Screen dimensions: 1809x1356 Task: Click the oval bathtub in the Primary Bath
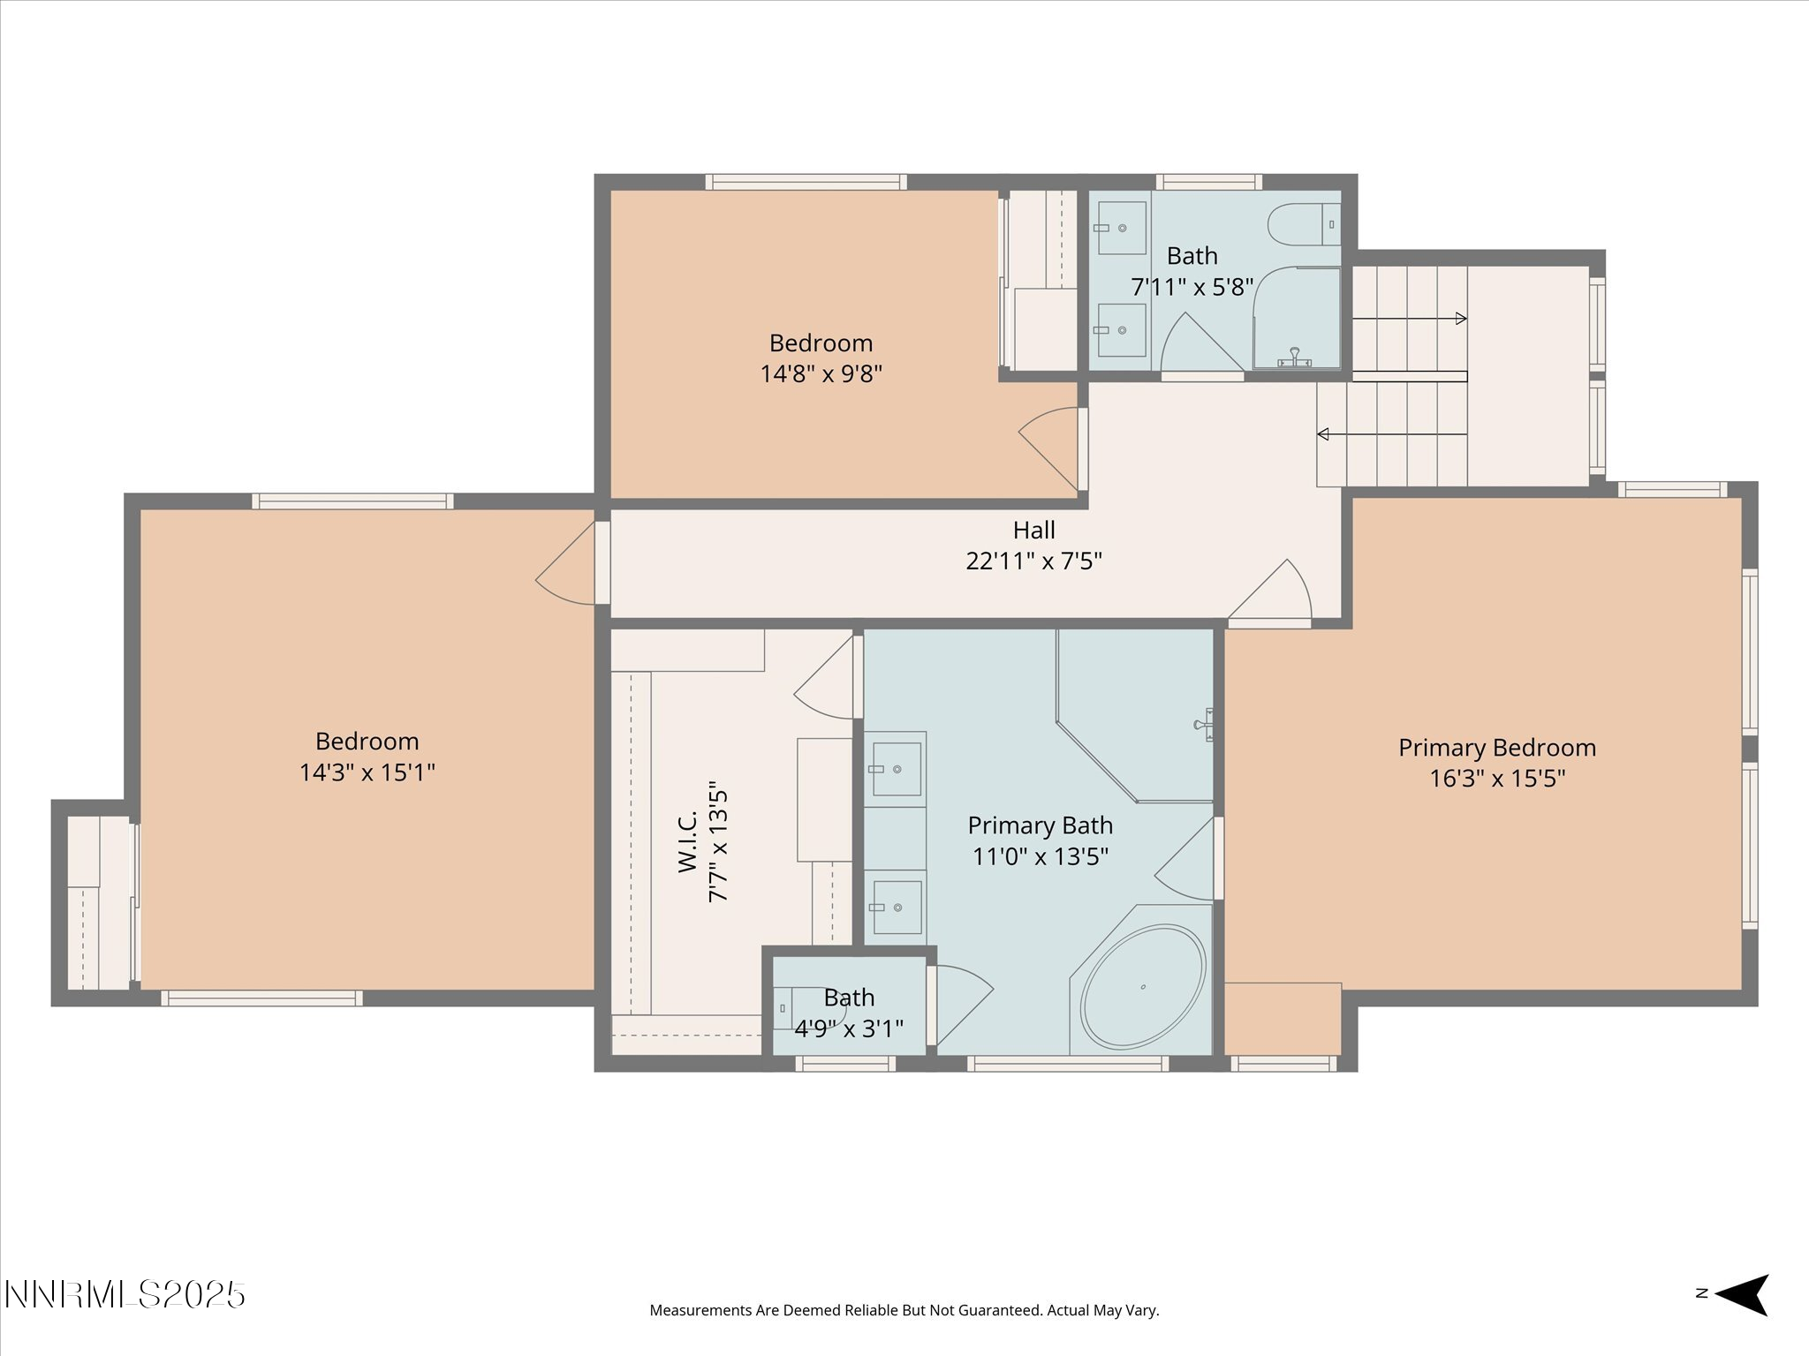(x=1142, y=985)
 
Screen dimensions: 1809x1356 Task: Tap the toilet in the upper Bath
(x=1305, y=224)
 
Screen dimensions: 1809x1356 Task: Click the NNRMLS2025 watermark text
(x=125, y=1295)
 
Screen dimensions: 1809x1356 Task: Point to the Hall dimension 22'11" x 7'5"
(x=1033, y=561)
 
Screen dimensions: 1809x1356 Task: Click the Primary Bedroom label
(x=1497, y=748)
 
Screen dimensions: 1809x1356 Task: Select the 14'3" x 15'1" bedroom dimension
(x=367, y=772)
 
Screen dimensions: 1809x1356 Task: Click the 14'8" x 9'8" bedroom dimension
(x=821, y=373)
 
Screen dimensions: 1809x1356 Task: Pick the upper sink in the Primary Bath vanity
(x=895, y=769)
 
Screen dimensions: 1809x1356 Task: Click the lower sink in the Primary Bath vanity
(x=895, y=908)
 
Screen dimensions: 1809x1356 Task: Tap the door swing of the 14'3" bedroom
(x=565, y=563)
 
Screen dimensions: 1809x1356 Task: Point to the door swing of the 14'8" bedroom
(x=1048, y=448)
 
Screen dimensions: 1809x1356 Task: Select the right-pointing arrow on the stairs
(x=1410, y=319)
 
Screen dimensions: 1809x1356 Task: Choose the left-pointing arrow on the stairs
(x=1392, y=434)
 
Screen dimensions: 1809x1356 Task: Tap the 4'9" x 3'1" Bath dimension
(x=849, y=1028)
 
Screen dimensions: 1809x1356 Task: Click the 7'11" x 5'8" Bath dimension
(x=1192, y=287)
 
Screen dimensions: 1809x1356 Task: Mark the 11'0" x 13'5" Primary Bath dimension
(x=1041, y=856)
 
